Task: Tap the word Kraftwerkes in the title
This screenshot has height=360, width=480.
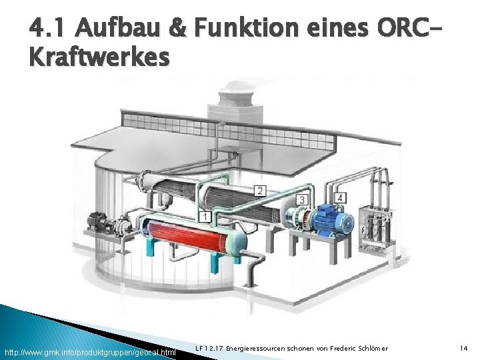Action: (x=99, y=58)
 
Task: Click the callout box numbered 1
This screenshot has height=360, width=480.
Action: (x=205, y=217)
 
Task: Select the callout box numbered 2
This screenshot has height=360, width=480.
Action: (x=259, y=191)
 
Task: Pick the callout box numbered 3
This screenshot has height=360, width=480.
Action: (x=301, y=199)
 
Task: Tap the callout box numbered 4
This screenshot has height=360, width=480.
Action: (x=340, y=198)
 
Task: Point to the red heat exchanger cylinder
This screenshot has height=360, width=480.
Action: (x=189, y=238)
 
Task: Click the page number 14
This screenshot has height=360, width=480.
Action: (x=464, y=349)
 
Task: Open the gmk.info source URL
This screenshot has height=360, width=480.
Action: (x=90, y=351)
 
